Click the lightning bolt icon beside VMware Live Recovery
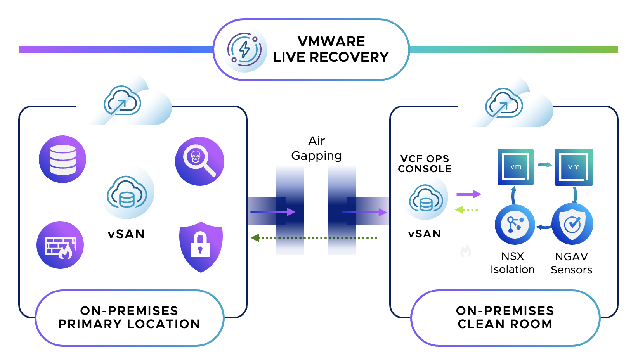(x=245, y=50)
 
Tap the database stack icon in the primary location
(x=62, y=159)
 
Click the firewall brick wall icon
(x=60, y=245)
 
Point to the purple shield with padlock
(x=201, y=247)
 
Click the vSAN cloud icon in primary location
(x=127, y=193)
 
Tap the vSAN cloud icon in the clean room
(x=426, y=198)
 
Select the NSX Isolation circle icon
(x=515, y=225)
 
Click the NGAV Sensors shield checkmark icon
(x=572, y=224)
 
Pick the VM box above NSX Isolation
(x=515, y=167)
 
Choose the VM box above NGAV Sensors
(x=574, y=167)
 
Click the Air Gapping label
(x=316, y=148)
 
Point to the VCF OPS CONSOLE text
(x=425, y=164)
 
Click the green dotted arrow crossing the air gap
(x=314, y=237)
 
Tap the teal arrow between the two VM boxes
(x=544, y=165)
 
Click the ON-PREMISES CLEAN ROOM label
(x=505, y=317)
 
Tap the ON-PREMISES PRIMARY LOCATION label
(x=129, y=317)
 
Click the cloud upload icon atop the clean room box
(x=504, y=103)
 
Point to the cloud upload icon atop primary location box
(x=122, y=101)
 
